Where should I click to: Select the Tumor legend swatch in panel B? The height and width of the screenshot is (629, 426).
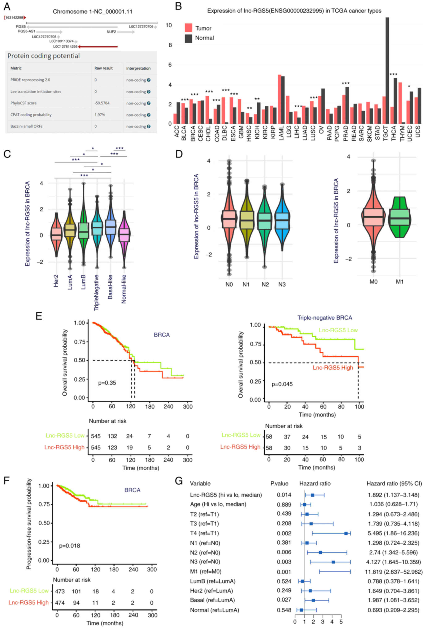(188, 28)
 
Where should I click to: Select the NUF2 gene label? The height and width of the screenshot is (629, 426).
(111, 32)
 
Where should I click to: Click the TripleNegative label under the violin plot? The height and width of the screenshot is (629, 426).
(96, 292)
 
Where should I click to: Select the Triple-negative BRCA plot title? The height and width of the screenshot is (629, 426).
(325, 318)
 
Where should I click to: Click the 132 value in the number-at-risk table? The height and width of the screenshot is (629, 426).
(112, 436)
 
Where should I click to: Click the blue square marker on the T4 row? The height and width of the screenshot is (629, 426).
(346, 533)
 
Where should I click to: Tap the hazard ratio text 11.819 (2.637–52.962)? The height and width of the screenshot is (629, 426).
(393, 572)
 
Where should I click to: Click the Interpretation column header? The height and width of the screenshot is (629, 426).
(138, 68)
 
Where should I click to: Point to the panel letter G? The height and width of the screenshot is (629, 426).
(179, 481)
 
